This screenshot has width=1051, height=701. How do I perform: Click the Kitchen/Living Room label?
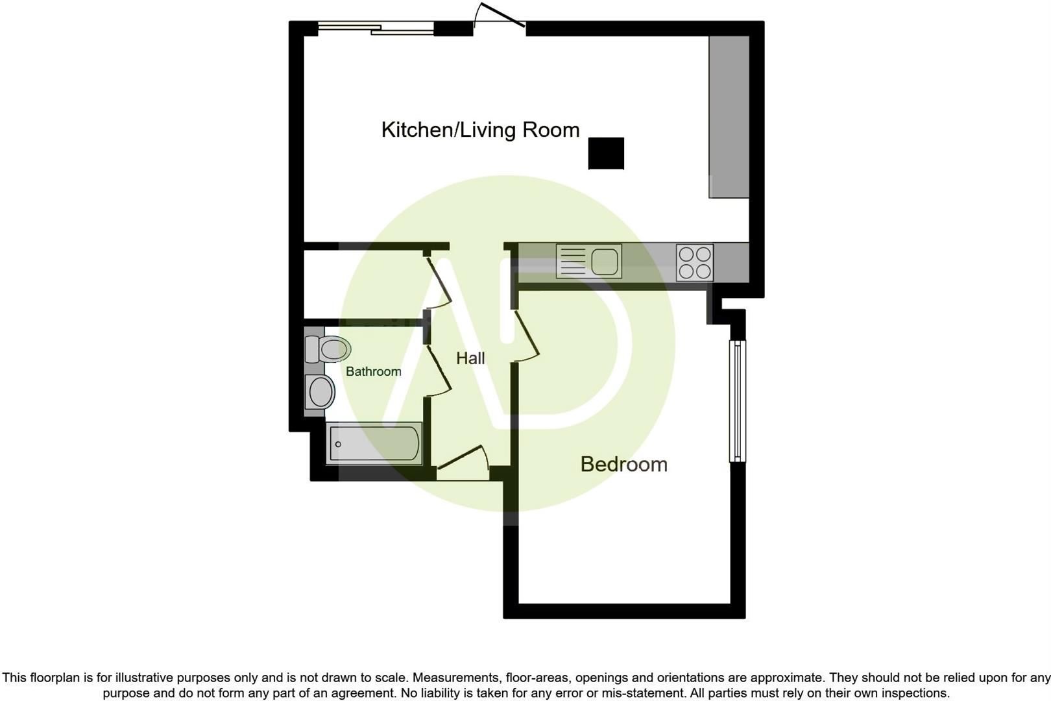click(x=480, y=130)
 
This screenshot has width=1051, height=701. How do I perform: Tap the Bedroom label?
click(x=623, y=464)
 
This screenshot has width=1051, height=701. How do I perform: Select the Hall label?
click(x=470, y=358)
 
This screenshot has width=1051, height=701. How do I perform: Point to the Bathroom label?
click(x=373, y=371)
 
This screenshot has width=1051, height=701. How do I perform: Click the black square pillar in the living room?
click(x=606, y=153)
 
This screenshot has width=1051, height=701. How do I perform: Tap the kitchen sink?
click(x=589, y=261)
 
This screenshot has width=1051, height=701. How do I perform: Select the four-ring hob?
click(x=694, y=262)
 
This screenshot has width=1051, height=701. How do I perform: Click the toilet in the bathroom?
click(x=328, y=349)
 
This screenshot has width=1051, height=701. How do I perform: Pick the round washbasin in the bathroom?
click(x=320, y=392)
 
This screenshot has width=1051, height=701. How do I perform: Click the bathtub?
click(x=374, y=443)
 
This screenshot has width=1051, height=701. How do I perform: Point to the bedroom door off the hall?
click(x=527, y=336)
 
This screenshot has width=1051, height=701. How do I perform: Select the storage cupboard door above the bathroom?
click(x=439, y=283)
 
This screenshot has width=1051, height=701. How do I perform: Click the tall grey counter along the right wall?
click(x=729, y=117)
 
